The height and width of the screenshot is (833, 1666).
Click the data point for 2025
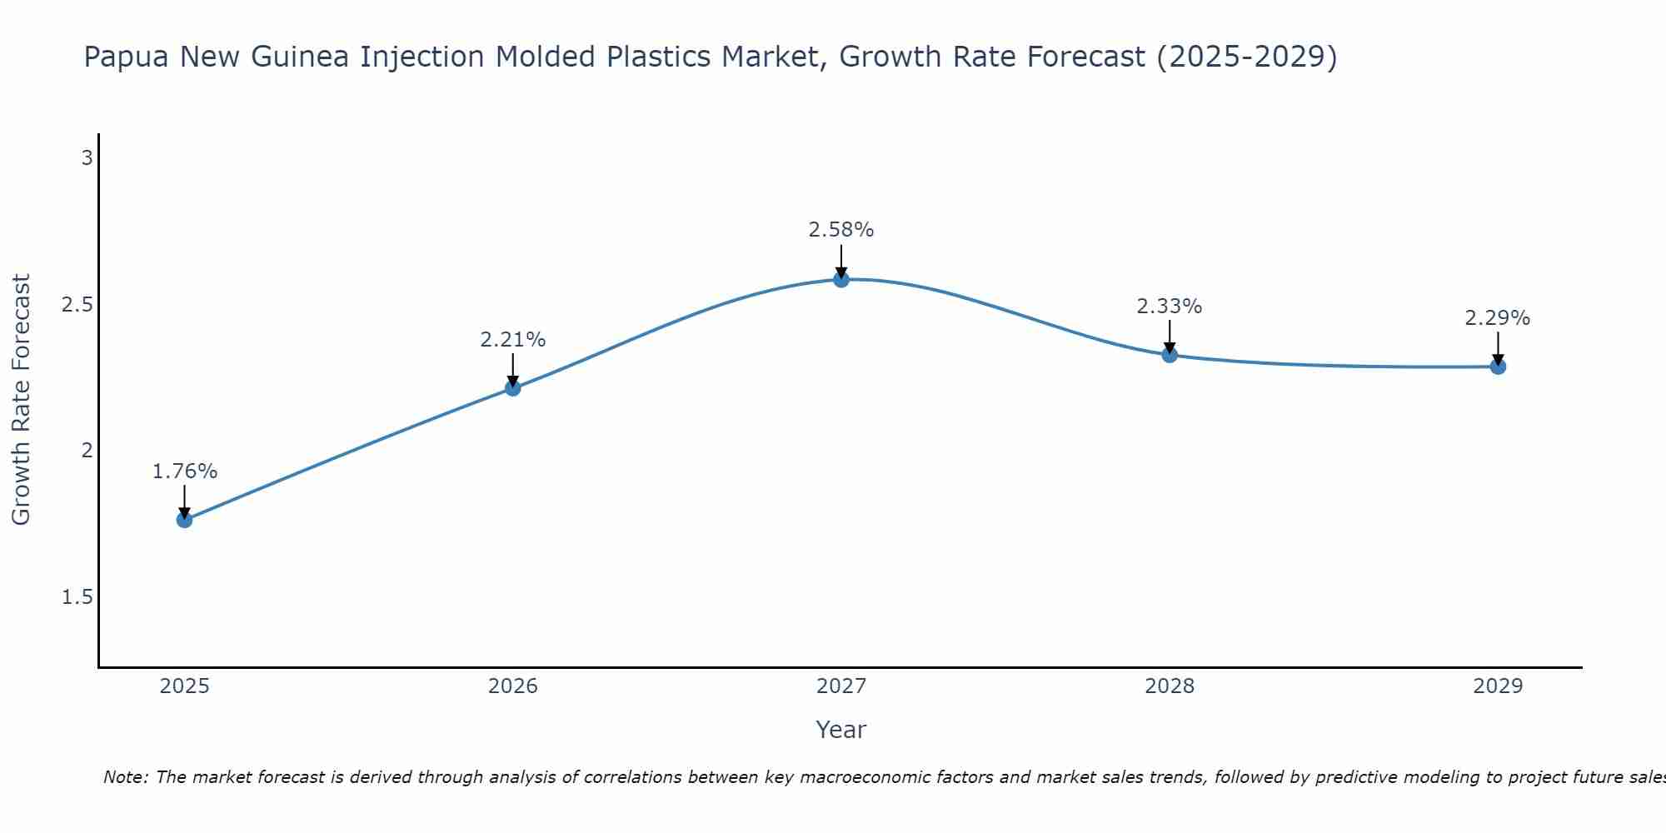click(x=184, y=520)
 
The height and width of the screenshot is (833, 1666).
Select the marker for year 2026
click(x=512, y=388)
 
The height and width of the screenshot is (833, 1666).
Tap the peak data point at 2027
click(x=841, y=279)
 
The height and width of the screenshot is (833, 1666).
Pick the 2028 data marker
click(x=1170, y=355)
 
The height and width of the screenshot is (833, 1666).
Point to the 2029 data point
click(x=1498, y=367)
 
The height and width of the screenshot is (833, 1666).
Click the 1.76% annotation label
click(x=185, y=471)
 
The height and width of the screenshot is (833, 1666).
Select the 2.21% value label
click(x=513, y=340)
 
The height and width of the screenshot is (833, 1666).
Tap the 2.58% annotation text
click(x=841, y=230)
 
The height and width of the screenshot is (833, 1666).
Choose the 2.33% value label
click(x=1170, y=307)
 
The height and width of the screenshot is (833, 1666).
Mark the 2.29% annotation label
click(x=1498, y=318)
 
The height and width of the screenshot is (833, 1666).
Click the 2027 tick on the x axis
click(x=841, y=686)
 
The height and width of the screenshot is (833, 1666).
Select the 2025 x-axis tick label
click(x=184, y=686)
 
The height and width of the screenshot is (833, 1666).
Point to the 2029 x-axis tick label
click(x=1498, y=686)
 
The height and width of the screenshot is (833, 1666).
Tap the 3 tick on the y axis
click(x=87, y=158)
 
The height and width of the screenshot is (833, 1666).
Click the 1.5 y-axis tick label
click(x=77, y=597)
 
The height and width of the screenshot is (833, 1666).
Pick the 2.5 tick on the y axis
click(x=77, y=305)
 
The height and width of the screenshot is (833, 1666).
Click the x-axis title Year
click(x=841, y=730)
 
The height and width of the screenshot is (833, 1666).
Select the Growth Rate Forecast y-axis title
click(x=22, y=400)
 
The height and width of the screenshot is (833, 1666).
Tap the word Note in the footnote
click(x=125, y=777)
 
